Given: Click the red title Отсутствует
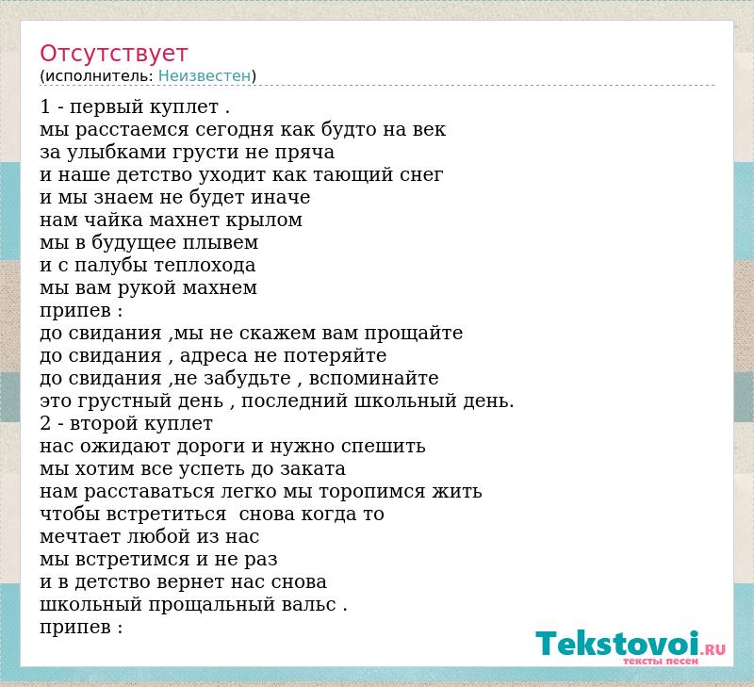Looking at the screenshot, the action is (x=113, y=54).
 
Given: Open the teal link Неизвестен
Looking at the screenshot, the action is (x=205, y=76).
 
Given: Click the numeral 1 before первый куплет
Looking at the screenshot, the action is (x=45, y=106).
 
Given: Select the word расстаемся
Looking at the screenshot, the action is (x=132, y=130).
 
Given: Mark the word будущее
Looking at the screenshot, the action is (x=134, y=243).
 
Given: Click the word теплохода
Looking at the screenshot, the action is (x=205, y=266).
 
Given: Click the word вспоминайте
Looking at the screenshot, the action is (x=373, y=378).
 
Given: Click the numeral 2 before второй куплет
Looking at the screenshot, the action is (x=45, y=423).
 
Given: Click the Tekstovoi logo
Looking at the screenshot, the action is (x=631, y=646).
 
